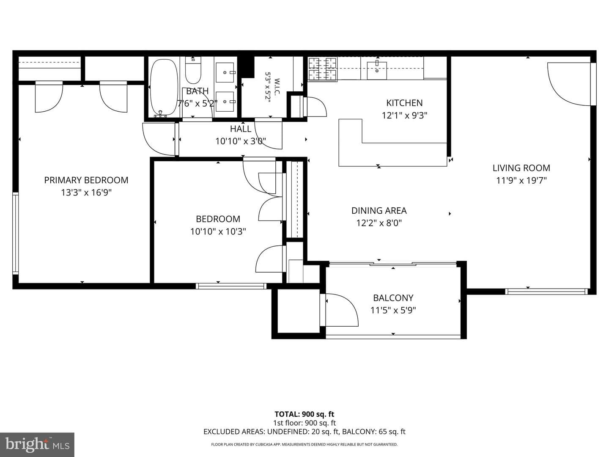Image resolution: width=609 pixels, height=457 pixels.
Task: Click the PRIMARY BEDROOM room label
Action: (86, 180)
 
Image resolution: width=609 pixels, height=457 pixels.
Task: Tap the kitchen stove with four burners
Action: (322, 69)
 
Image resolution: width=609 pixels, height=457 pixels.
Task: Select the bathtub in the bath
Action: (164, 87)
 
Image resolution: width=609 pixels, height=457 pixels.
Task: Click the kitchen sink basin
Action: (377, 71)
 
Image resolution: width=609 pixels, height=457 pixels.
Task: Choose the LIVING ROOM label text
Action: (521, 168)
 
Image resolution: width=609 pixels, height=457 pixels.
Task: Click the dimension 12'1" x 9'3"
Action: (405, 115)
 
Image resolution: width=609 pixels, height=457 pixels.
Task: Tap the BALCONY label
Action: (393, 298)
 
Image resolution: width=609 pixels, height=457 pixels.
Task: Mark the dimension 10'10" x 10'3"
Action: (218, 231)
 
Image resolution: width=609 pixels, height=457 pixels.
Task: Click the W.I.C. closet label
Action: (276, 87)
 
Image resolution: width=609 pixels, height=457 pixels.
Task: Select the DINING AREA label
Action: (379, 211)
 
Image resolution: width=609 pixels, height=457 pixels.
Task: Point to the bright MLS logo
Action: (37, 445)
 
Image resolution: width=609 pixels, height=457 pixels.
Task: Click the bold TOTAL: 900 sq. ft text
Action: (304, 414)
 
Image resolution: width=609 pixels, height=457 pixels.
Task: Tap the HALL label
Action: (241, 129)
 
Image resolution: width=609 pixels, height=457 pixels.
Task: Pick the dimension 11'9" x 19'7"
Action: (521, 181)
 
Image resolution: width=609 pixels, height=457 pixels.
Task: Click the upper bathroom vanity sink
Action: (225, 72)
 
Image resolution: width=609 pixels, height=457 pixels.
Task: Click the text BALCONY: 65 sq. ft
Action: (374, 432)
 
